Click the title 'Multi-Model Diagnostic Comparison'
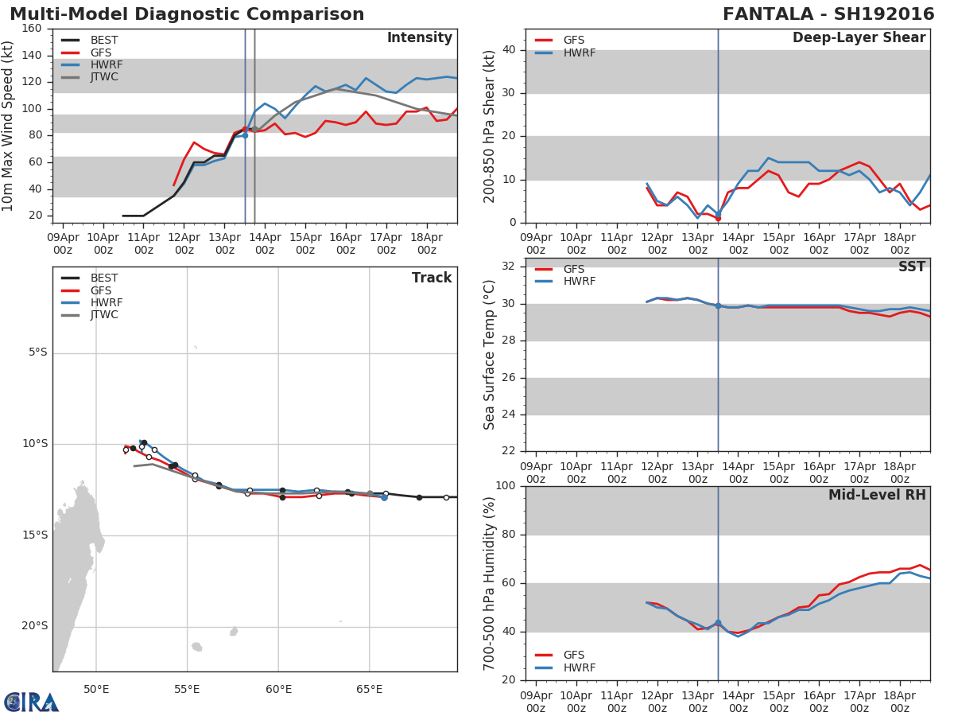coord(187,14)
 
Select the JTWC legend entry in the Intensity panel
coord(103,77)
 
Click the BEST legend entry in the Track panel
coord(103,278)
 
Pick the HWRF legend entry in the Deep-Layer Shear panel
coord(579,53)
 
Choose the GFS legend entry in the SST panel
coord(573,270)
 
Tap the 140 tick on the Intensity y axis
coord(31,56)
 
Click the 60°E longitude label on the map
coord(278,689)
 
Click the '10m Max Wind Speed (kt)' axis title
coord(9,126)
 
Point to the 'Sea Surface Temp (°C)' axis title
coord(490,355)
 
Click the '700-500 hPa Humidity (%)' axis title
coord(490,583)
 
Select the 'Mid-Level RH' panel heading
coord(877,496)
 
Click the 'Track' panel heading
coord(431,278)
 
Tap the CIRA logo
coord(32,702)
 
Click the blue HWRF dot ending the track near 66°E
coord(384,497)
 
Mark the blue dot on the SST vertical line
coord(718,305)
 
